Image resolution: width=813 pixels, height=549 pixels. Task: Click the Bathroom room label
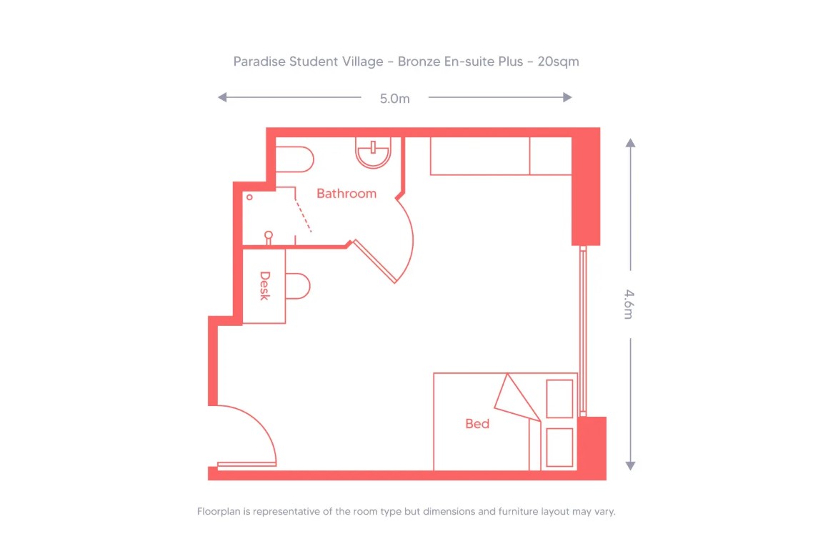(346, 194)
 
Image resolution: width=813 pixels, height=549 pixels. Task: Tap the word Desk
(264, 285)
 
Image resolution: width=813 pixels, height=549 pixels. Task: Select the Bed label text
(477, 424)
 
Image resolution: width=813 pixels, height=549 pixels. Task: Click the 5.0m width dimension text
(394, 99)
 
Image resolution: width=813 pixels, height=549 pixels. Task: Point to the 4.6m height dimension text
(629, 304)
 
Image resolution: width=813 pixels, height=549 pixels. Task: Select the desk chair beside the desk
(299, 286)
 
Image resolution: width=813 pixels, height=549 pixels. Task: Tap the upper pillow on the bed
(559, 399)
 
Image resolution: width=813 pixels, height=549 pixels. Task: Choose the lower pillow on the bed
(559, 447)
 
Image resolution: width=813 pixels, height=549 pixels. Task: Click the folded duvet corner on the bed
(515, 397)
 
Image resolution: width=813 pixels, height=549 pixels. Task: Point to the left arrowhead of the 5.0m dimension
(222, 97)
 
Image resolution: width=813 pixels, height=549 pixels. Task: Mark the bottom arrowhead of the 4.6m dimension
(630, 465)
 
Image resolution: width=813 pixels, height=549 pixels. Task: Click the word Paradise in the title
(259, 61)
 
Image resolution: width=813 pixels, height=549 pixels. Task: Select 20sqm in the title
(558, 61)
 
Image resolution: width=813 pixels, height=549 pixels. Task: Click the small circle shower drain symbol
(249, 197)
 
